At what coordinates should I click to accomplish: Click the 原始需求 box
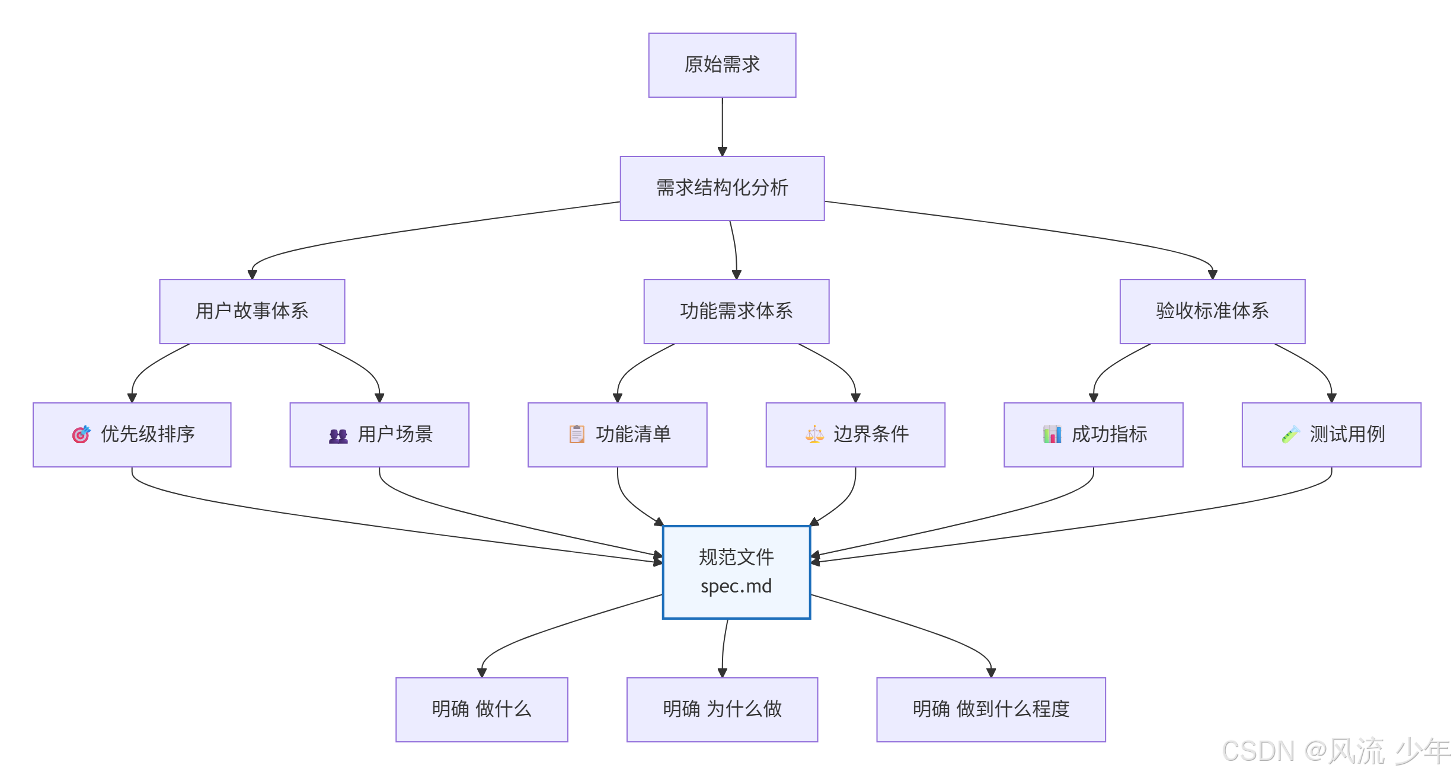click(x=721, y=65)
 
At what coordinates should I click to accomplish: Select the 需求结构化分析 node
click(x=721, y=188)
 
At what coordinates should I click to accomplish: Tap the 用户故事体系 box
click(x=252, y=311)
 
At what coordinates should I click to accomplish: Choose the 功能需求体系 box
click(x=736, y=311)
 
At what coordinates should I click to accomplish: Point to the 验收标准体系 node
click(x=1212, y=311)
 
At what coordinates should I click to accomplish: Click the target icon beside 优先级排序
click(x=81, y=434)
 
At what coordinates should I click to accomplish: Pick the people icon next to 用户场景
click(x=338, y=436)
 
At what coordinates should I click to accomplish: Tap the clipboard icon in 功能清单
click(x=577, y=434)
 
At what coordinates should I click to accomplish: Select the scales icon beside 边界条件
click(x=814, y=434)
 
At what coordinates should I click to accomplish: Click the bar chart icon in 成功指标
click(x=1052, y=434)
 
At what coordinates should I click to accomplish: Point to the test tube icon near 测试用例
click(x=1290, y=434)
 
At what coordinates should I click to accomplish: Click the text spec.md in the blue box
click(x=736, y=586)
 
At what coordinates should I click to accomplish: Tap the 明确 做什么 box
click(x=481, y=709)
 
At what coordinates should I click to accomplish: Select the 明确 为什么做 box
click(x=721, y=709)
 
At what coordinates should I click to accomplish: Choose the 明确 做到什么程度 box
click(x=990, y=709)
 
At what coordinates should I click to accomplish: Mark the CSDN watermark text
click(x=1334, y=751)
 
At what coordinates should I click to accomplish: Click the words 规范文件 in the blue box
click(x=736, y=557)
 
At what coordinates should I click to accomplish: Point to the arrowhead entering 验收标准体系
click(x=1212, y=274)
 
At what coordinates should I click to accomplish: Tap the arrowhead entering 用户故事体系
click(x=252, y=274)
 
